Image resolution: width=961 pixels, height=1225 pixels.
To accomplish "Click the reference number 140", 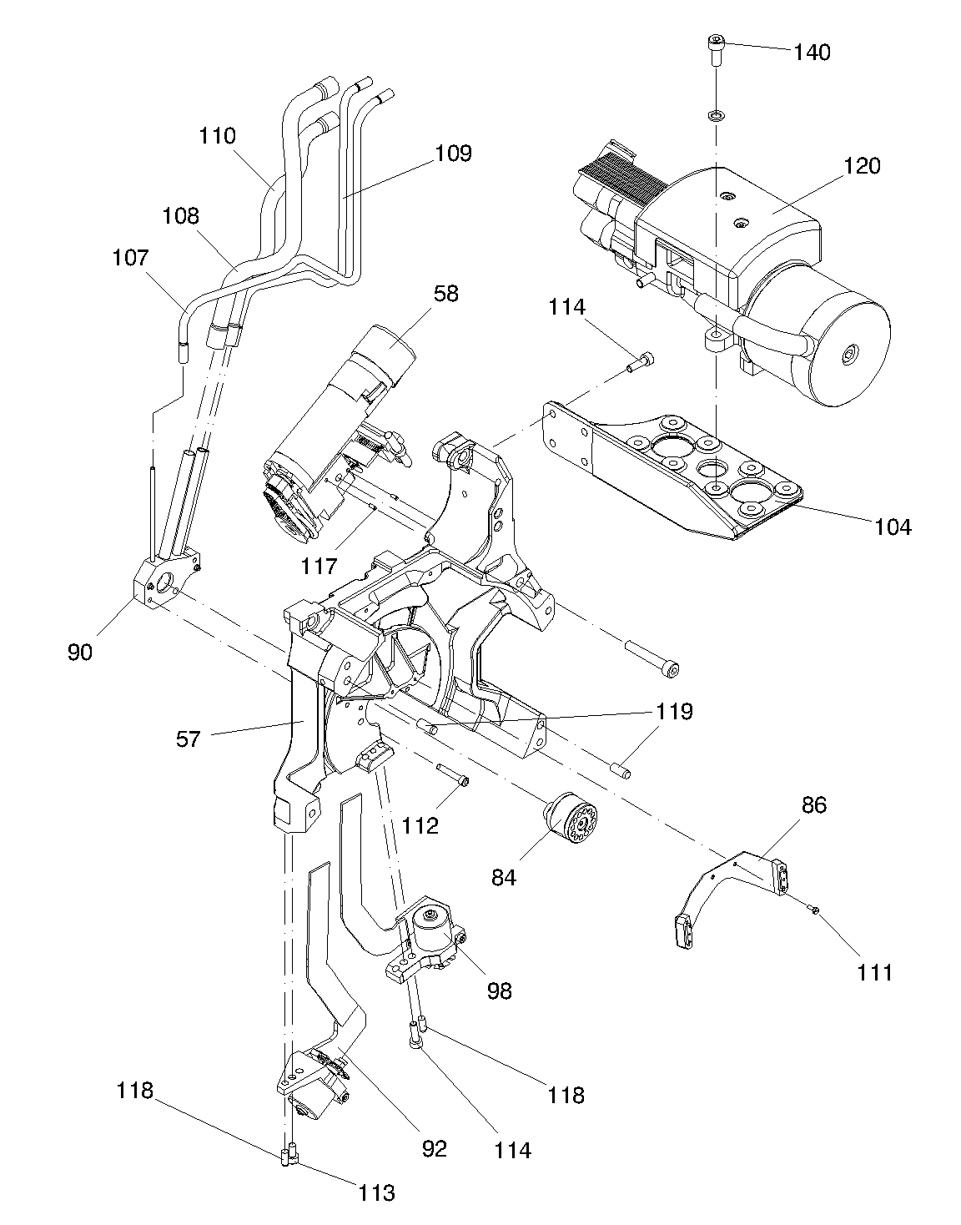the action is point(812,53).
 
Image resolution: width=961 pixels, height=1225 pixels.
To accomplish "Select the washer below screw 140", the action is point(716,116).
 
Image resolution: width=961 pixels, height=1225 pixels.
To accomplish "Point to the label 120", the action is point(862,166).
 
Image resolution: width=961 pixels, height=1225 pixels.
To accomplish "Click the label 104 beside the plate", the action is point(893,527).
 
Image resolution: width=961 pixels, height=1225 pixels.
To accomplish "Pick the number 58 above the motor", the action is point(446,294).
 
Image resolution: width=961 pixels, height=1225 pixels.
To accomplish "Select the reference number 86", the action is point(814,805).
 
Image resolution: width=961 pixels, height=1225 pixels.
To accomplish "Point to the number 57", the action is point(189,739).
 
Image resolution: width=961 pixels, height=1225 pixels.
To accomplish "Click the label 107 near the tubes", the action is point(131,258).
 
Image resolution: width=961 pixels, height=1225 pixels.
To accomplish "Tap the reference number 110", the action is point(218,136).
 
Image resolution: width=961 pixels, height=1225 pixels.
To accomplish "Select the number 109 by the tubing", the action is point(454,154).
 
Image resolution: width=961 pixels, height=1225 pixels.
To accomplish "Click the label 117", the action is point(319,566).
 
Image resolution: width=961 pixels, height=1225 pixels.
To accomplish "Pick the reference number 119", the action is point(675,712).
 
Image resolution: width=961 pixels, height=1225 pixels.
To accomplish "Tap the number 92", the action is point(435,1149).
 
